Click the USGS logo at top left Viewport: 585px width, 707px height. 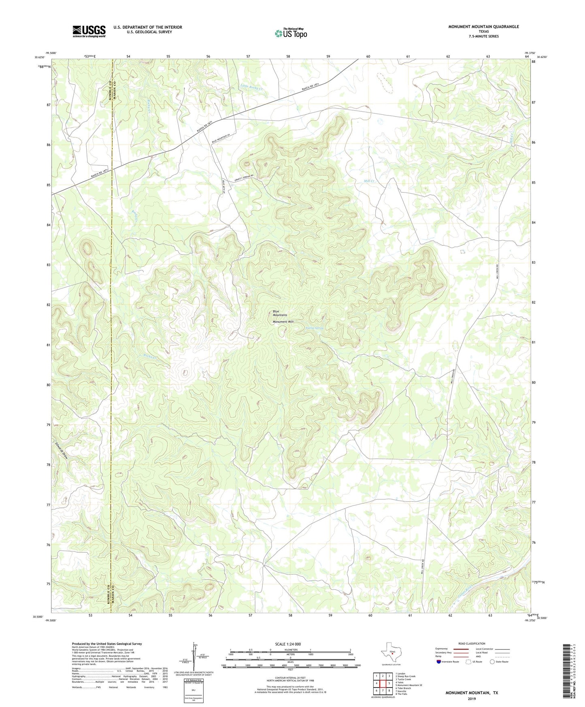(x=89, y=31)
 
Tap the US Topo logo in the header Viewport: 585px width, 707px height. (x=291, y=33)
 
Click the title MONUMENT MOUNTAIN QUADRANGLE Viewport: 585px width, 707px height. (x=483, y=27)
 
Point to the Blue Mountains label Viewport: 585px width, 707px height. (x=279, y=313)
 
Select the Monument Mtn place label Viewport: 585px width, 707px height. (x=283, y=322)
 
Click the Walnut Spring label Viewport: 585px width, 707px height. (x=315, y=328)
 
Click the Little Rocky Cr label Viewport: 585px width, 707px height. (x=251, y=87)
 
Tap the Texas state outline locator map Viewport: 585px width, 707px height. (x=390, y=654)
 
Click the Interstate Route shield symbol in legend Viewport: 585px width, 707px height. (x=439, y=662)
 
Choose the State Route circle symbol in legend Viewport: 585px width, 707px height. (x=492, y=662)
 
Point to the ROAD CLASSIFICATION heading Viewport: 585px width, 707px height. (x=472, y=643)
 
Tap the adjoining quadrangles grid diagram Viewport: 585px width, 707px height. (x=383, y=683)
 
